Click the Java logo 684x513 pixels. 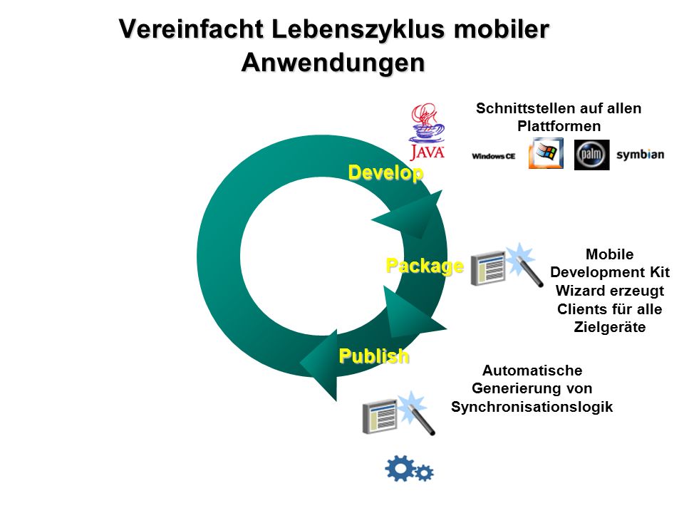[x=427, y=132]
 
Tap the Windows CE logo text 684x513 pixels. [x=493, y=156]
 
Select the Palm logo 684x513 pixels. [x=591, y=155]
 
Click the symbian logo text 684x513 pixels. [x=640, y=155]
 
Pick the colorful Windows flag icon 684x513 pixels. [x=546, y=153]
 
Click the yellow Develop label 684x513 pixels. [x=385, y=172]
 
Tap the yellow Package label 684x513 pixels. [x=425, y=266]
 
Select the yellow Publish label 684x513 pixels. [x=374, y=356]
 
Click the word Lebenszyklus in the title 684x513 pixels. [x=358, y=30]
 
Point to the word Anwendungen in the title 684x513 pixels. [x=333, y=63]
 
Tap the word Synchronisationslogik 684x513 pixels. [x=532, y=407]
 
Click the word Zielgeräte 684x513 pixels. [x=609, y=327]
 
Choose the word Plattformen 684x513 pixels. [x=559, y=126]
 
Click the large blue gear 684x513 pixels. [x=400, y=468]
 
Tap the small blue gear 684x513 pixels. [x=423, y=473]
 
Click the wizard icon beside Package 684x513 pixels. [x=507, y=265]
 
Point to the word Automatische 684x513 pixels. [x=532, y=370]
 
